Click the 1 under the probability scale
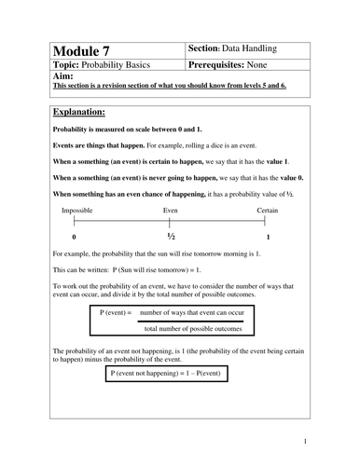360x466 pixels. [x=269, y=239]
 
